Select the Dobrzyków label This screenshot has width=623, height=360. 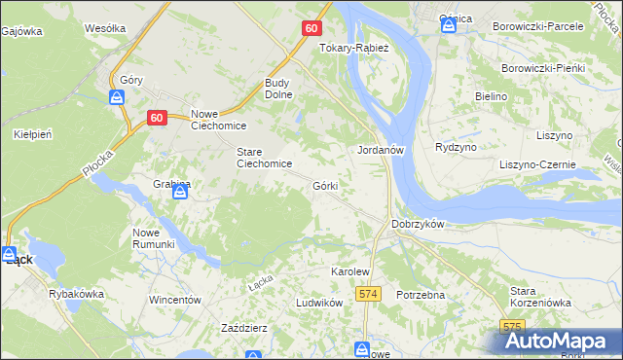418,224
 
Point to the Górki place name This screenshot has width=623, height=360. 325,185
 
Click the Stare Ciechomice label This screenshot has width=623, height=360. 265,158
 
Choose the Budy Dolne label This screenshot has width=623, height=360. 283,90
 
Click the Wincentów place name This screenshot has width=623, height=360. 174,300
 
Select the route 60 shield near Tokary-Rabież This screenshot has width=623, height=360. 310,28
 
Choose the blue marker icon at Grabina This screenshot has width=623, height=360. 179,194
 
